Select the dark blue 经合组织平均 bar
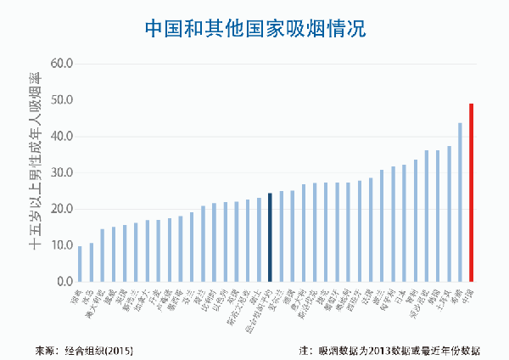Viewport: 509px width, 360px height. point(270,237)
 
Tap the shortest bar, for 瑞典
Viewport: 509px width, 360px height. point(81,263)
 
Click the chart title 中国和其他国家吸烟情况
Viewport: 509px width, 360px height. point(255,27)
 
